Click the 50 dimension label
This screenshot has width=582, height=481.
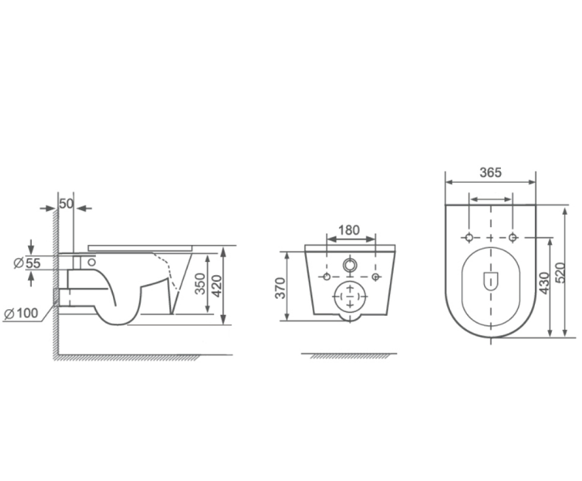(x=66, y=204)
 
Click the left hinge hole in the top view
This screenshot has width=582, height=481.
(x=468, y=238)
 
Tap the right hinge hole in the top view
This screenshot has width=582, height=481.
(x=512, y=238)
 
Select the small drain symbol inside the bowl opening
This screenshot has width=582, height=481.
(x=490, y=280)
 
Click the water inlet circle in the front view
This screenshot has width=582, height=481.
(x=350, y=264)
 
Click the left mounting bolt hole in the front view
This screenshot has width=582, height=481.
(x=326, y=277)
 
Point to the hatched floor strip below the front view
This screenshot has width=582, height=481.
(x=350, y=356)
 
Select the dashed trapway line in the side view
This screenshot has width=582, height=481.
(x=170, y=278)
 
